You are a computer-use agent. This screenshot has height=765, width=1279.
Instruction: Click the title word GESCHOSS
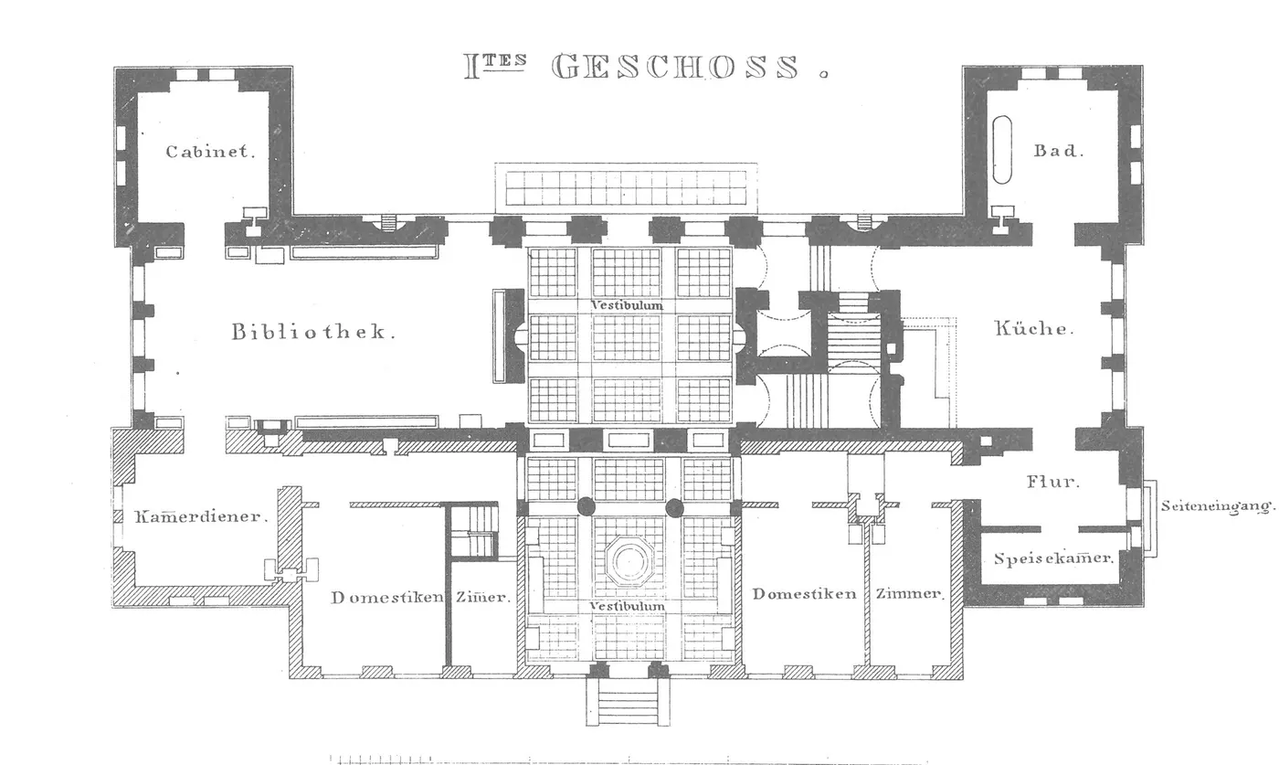click(x=675, y=67)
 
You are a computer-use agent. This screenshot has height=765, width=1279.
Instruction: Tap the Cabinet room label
click(x=210, y=152)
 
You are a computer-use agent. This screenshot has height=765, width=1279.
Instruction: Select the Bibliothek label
click(x=312, y=332)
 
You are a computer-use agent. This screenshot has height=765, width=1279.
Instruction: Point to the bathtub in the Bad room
click(x=1002, y=150)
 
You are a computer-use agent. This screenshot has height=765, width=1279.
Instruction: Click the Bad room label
click(x=1058, y=151)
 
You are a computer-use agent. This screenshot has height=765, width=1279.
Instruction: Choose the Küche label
click(x=1034, y=328)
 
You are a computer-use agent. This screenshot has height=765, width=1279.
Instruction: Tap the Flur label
click(x=1052, y=482)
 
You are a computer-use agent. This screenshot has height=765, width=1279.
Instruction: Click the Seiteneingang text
click(x=1217, y=506)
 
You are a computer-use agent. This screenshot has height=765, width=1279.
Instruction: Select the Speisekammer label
click(x=1053, y=558)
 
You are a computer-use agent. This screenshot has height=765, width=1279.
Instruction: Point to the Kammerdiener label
click(x=201, y=516)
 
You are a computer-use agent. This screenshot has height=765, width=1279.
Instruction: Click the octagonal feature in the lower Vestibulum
click(x=629, y=561)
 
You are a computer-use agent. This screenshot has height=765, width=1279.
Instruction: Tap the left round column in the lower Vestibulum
click(x=586, y=506)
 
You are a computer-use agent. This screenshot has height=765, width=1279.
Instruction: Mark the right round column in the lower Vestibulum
click(x=674, y=506)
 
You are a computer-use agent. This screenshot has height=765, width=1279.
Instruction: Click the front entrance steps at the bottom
click(x=629, y=702)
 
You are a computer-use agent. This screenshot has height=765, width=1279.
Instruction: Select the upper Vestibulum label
click(x=627, y=305)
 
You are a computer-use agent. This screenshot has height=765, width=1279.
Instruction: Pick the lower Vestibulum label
click(x=627, y=606)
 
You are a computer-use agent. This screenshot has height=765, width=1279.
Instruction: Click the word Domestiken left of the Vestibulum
click(x=387, y=597)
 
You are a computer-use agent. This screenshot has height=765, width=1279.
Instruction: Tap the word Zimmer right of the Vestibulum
click(x=910, y=594)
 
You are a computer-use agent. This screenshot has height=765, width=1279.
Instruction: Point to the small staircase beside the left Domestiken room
click(x=472, y=531)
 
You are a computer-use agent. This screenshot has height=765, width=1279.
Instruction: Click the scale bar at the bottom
click(x=625, y=760)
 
